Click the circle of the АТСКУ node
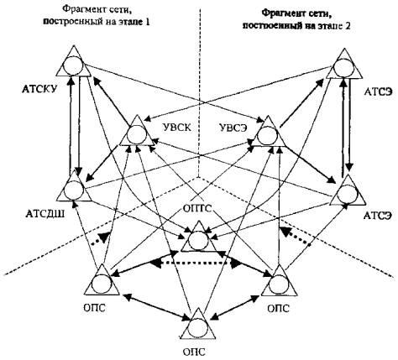pos(73,65)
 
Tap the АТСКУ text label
pos(39,89)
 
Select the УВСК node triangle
pos(137,131)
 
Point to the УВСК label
pos(176,128)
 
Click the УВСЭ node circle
pos(268,136)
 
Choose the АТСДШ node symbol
pos(74,185)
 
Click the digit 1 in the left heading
pos(147,22)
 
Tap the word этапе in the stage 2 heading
pos(328,26)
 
